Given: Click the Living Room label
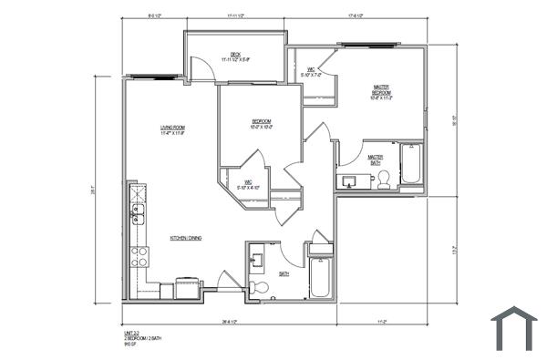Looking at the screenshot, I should pos(173,129).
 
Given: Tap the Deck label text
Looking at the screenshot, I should pos(235,57).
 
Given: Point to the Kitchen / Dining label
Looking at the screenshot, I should pos(185,238).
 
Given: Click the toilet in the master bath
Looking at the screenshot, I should pos(385,179).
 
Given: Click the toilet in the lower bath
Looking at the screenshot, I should pos(260,288).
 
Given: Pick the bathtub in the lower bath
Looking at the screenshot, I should pos(322,279).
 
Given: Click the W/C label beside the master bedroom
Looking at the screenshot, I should pos(311,71).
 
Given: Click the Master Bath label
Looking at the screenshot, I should pos(376,159).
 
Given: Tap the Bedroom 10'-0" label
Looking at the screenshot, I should pos(262,124).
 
